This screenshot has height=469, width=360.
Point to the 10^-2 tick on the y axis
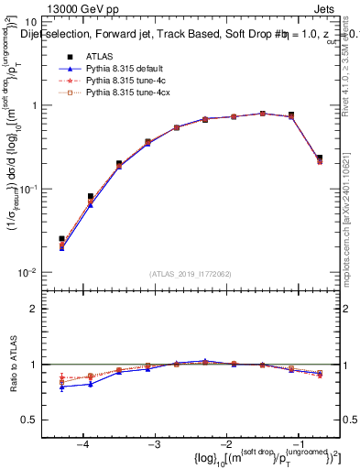tap(28, 273)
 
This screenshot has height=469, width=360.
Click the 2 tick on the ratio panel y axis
tap(34, 309)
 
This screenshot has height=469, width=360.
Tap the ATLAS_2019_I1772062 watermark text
tap(189, 274)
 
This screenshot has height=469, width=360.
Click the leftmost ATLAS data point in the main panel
tap(61, 239)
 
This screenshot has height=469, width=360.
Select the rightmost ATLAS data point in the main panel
tap(320, 158)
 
